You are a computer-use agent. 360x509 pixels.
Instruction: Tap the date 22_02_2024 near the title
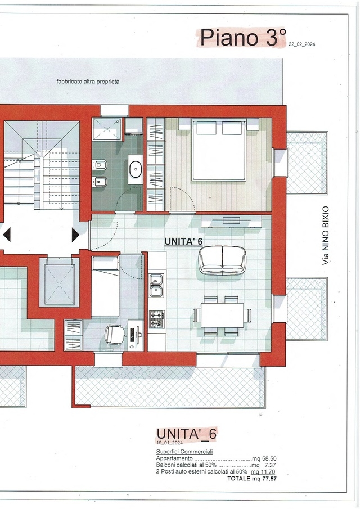tap(301, 44)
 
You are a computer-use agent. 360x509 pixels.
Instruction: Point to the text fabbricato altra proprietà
tap(88, 82)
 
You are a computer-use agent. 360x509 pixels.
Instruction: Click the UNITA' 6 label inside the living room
tap(183, 241)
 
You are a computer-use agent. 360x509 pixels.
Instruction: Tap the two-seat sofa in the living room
tap(222, 259)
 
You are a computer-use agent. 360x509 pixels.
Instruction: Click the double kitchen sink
tap(156, 285)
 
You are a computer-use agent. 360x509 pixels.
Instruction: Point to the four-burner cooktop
tap(156, 319)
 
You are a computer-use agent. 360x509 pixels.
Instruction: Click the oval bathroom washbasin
tap(136, 169)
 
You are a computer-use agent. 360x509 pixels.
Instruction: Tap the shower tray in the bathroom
tap(106, 130)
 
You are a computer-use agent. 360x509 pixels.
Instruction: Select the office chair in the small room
tap(115, 335)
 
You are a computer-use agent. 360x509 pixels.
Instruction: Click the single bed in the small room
tap(105, 287)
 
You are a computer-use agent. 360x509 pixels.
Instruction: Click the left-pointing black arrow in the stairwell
tap(6, 235)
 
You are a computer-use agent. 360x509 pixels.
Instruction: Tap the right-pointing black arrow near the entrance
tap(75, 235)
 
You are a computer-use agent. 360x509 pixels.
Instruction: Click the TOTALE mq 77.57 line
tap(252, 479)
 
